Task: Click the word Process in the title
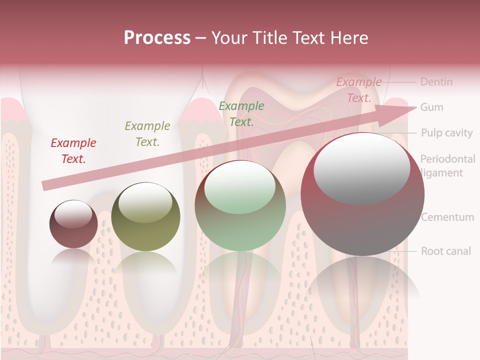click(157, 38)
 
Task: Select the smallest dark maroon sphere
click(73, 224)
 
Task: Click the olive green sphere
click(145, 216)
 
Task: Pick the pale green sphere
click(240, 205)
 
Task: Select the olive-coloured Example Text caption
click(147, 134)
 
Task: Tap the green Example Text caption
click(241, 113)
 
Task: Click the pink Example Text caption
click(358, 90)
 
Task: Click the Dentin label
click(436, 81)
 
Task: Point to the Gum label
click(431, 107)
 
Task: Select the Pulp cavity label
click(446, 133)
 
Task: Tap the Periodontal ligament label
click(447, 166)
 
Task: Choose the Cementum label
click(447, 217)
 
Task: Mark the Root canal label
click(446, 251)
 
